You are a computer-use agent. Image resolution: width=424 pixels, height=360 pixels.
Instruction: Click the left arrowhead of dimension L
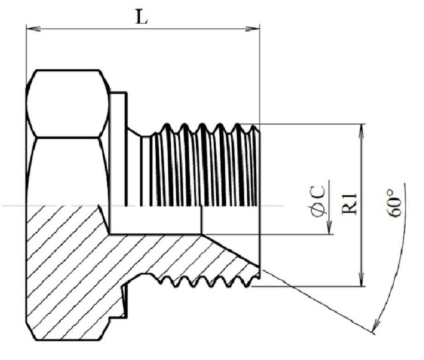(x=34, y=28)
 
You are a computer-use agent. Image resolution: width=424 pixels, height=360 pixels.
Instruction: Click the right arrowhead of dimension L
(x=252, y=28)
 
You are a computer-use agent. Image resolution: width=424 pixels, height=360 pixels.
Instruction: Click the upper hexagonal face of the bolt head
(x=68, y=104)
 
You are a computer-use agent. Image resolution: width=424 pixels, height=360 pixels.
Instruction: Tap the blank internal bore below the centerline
(x=156, y=220)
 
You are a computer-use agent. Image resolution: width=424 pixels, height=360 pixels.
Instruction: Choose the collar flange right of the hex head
(x=118, y=149)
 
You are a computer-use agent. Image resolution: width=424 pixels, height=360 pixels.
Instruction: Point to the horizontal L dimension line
(x=143, y=28)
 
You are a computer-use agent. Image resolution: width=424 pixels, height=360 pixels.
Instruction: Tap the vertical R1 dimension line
(x=361, y=205)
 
